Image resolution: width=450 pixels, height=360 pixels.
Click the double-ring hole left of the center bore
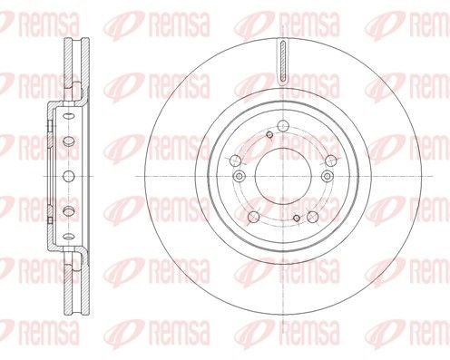(239, 176)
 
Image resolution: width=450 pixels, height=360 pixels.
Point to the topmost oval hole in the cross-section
(68, 118)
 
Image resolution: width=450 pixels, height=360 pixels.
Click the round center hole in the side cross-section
(68, 175)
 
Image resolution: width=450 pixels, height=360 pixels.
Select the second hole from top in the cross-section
(68, 141)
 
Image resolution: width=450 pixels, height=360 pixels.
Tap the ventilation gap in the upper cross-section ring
(70, 73)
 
